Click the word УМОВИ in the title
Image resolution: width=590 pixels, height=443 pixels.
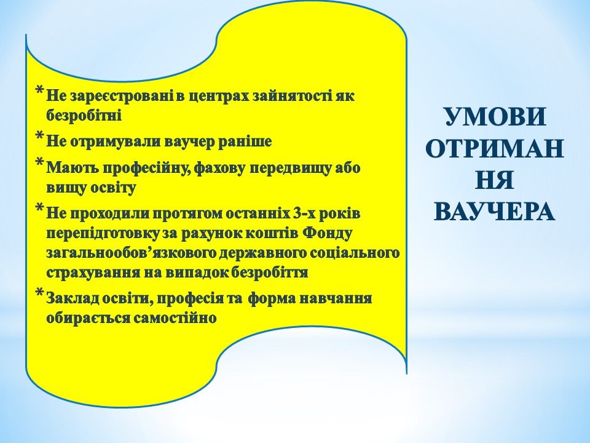pos(495,117)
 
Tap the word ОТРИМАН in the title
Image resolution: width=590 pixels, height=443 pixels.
pos(495,149)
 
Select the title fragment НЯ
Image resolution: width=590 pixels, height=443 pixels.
pos(495,180)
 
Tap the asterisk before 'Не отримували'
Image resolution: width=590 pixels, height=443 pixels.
pos(39,135)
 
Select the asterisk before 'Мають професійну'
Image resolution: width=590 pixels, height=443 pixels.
pos(39,162)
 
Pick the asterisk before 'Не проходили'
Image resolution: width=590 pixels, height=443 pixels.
pos(39,208)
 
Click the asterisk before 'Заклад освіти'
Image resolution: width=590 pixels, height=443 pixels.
pos(39,293)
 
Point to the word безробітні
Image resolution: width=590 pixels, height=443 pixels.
pos(84,115)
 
